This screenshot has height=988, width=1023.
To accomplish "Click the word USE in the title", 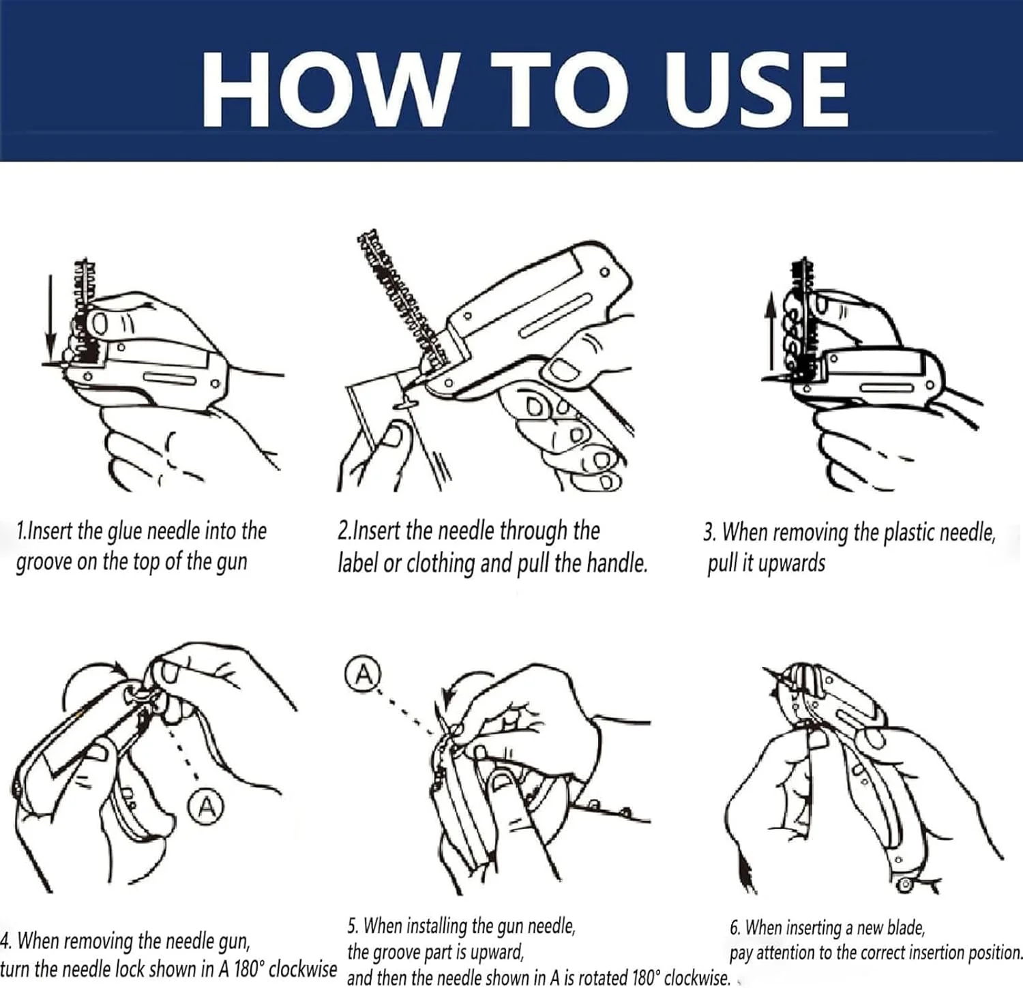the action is point(757,90).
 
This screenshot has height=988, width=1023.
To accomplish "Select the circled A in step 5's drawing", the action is point(364,674).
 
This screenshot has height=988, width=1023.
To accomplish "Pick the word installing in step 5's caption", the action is point(437,926).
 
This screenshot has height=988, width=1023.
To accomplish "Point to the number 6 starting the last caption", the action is point(734,928).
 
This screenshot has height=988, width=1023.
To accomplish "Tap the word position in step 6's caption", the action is point(994,953).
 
